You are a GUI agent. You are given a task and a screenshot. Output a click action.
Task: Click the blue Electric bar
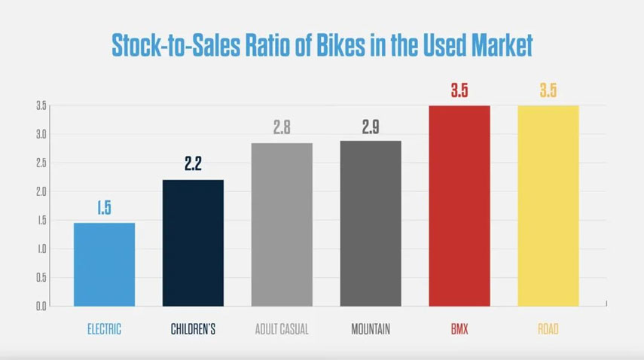(104, 264)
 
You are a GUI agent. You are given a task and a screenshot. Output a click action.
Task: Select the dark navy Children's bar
(193, 243)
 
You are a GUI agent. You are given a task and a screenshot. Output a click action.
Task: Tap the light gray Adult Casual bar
(282, 224)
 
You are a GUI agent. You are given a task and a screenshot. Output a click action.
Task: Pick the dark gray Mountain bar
(371, 223)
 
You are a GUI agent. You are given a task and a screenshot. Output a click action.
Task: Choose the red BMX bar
(459, 206)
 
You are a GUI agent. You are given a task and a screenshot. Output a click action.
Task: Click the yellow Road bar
(548, 206)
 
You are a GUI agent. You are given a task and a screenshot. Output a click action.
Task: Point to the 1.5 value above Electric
(104, 209)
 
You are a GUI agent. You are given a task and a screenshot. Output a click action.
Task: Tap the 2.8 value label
(282, 127)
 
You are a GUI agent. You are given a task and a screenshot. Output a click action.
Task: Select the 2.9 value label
(371, 127)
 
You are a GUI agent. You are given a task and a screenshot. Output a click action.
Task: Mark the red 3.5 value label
(459, 91)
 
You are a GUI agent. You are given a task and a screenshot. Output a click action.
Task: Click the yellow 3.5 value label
(548, 91)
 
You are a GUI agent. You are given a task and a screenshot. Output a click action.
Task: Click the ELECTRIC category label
(103, 329)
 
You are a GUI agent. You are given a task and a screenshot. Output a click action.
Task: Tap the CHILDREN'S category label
(192, 329)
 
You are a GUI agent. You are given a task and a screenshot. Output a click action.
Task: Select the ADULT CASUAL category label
(282, 329)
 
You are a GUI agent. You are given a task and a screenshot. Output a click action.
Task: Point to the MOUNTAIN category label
(371, 329)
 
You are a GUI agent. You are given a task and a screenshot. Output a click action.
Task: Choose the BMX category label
(459, 329)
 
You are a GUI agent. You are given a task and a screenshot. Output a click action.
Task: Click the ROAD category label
(548, 329)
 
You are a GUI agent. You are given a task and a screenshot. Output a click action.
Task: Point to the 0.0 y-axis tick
(41, 307)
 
